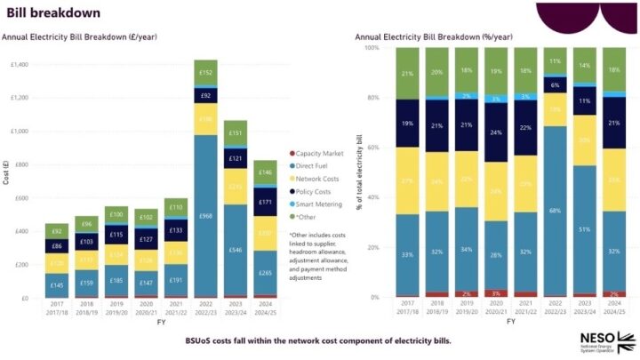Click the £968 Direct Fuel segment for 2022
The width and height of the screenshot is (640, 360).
[x=205, y=216]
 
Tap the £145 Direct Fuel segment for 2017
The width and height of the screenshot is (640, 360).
[x=56, y=284]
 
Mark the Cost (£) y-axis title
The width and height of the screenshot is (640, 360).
[x=6, y=181]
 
